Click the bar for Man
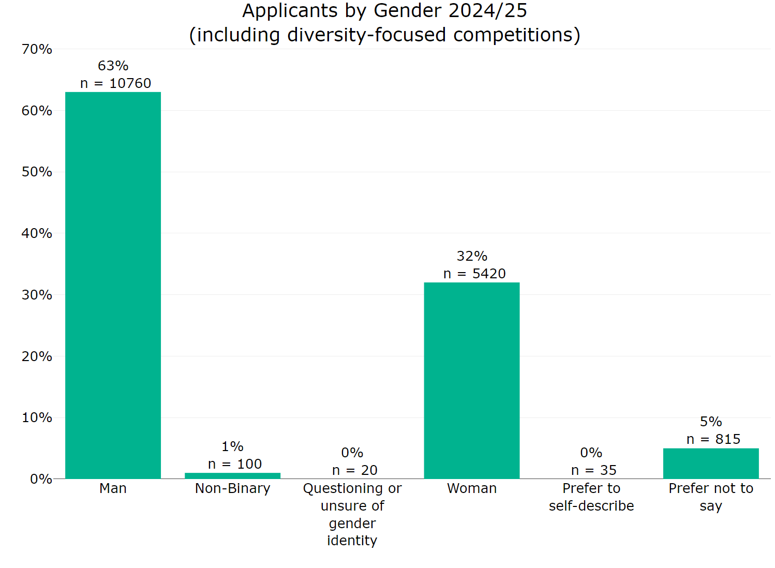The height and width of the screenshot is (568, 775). coord(113,285)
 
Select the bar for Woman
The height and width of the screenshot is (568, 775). coord(471,380)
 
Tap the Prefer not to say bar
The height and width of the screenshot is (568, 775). coord(710,464)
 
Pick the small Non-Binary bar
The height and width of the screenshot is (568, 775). coord(232,475)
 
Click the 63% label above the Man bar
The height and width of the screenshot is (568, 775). coord(113,66)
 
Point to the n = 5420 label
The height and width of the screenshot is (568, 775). coord(474,274)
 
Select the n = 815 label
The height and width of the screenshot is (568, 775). coord(713,439)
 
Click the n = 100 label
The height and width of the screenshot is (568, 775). coord(235,464)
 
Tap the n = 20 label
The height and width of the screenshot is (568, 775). coord(354,470)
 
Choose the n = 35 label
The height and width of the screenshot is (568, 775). coord(593,470)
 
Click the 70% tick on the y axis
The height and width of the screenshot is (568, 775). coord(37,49)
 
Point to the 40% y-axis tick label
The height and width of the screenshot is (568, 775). coord(37,233)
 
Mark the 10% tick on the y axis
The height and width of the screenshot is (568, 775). coord(37,417)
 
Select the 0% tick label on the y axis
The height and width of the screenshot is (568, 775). coord(40,479)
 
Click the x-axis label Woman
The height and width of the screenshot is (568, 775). coord(471,488)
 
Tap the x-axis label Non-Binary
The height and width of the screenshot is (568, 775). coord(232,488)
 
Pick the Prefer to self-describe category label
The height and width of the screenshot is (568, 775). coord(591,497)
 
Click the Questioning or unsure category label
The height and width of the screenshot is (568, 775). coord(352,514)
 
